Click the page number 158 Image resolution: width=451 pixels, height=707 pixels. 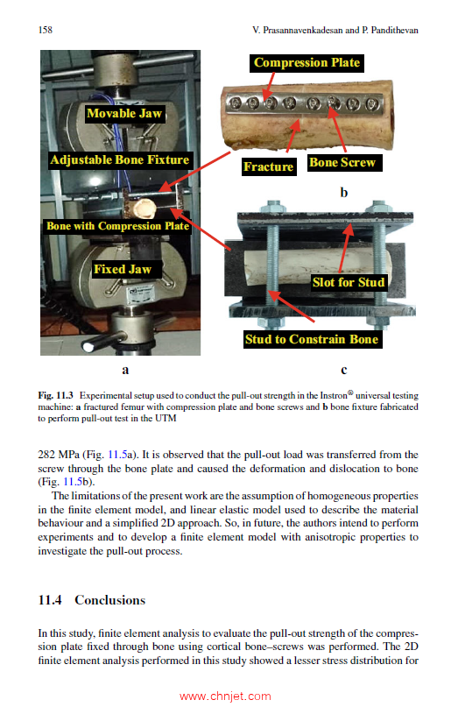(x=45, y=30)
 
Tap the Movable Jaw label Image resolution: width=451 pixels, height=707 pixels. (x=124, y=114)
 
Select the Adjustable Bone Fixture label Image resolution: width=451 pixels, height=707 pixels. (x=120, y=160)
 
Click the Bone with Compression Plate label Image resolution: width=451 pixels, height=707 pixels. (x=117, y=226)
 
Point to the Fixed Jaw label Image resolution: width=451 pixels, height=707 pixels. (x=123, y=269)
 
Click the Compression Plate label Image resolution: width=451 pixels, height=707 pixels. (x=307, y=63)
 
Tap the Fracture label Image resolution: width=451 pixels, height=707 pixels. (x=269, y=166)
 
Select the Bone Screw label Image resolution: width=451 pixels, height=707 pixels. (x=342, y=162)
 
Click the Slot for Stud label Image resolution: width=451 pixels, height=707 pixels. (x=349, y=282)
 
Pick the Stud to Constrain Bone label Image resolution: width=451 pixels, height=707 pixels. (x=312, y=339)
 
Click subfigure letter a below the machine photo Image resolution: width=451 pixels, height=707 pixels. (x=125, y=371)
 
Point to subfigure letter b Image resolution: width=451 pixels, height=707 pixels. (x=344, y=193)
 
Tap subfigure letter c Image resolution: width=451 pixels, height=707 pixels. (x=344, y=371)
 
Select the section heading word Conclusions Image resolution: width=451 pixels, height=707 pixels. (x=110, y=600)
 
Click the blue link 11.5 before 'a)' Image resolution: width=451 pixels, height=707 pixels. (x=117, y=455)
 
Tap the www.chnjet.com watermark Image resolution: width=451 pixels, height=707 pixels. (x=225, y=696)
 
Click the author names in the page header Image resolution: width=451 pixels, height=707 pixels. (x=335, y=30)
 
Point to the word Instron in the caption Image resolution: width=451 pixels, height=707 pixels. (x=334, y=395)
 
